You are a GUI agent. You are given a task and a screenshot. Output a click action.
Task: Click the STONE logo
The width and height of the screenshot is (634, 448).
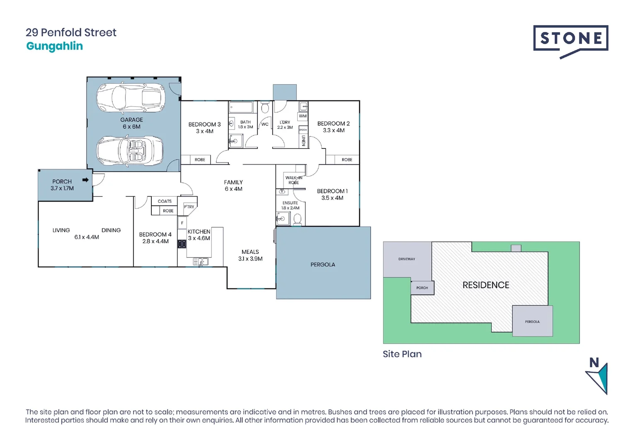571,40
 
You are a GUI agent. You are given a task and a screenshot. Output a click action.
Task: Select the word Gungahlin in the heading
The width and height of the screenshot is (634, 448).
54,46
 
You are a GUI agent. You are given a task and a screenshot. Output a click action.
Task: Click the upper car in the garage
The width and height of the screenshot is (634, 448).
131,98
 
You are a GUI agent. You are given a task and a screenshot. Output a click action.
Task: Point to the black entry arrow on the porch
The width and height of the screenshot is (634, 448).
85,180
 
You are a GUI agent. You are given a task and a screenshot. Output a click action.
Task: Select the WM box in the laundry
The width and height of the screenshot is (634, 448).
303,116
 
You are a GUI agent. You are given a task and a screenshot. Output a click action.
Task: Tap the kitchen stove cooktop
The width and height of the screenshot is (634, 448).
182,244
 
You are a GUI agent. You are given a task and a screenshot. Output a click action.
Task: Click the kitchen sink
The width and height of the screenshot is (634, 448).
201,262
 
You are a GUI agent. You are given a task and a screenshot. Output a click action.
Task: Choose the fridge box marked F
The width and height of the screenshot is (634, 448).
182,223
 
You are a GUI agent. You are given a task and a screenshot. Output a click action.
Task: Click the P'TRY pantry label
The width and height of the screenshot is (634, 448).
189,207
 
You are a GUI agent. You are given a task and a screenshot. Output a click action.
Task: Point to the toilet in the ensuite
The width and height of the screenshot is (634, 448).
297,219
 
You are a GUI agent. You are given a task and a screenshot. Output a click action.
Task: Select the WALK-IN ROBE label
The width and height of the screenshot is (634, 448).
294,180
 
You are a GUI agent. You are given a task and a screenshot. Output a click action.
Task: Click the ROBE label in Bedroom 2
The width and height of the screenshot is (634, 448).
347,160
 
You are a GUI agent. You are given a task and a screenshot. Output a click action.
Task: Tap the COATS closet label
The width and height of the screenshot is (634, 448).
165,201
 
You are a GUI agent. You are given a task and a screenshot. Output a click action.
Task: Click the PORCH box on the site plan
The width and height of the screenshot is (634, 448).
422,287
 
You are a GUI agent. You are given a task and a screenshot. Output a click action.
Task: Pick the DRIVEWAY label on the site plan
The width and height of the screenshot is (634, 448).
406,259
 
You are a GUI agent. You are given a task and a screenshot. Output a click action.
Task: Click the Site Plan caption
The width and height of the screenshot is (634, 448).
402,354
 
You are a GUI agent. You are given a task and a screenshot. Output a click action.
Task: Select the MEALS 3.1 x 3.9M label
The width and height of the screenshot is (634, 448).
250,255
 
